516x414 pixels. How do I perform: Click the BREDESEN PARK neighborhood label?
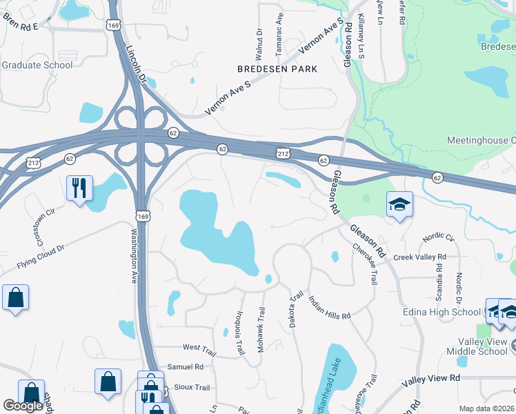(x=277, y=69)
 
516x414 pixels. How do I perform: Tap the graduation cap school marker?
(x=399, y=204)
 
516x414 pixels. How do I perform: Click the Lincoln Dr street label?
(x=137, y=64)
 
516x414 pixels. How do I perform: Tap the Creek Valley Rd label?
(x=420, y=257)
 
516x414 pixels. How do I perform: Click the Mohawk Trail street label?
(x=261, y=331)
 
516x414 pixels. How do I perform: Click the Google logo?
(x=23, y=406)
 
